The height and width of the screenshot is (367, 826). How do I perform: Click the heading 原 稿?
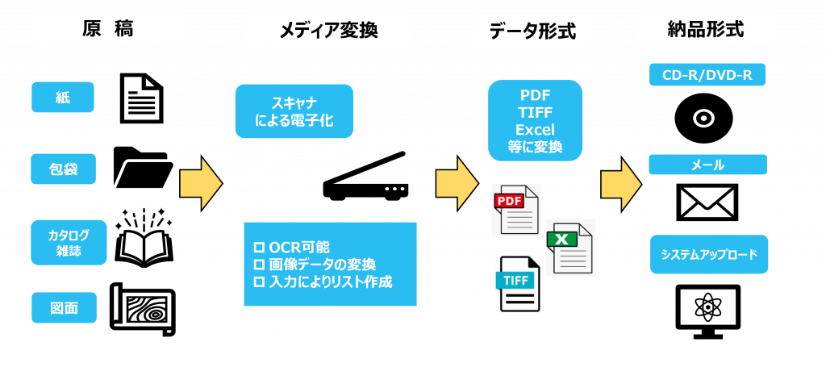click(x=108, y=30)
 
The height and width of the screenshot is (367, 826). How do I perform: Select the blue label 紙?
click(x=63, y=98)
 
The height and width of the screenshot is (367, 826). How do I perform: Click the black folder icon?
click(x=144, y=167)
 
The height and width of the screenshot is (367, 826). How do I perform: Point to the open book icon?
click(x=144, y=240)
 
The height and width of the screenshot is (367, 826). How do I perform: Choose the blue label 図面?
click(x=64, y=307)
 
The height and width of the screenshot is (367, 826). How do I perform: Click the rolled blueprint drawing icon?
click(x=143, y=309)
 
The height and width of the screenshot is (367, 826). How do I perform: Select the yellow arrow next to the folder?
click(x=201, y=183)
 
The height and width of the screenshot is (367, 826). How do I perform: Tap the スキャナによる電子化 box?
click(x=294, y=111)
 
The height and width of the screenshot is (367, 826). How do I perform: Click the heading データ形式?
click(x=532, y=31)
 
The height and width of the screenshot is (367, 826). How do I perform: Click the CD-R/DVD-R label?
click(x=707, y=75)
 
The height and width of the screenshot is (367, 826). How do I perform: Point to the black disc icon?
click(x=703, y=119)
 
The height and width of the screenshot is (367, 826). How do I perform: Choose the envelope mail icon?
click(x=707, y=202)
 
